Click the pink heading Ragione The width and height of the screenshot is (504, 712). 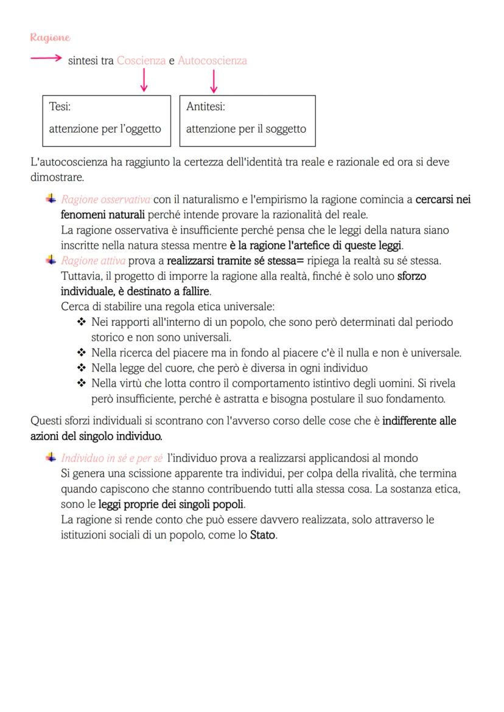point(51,38)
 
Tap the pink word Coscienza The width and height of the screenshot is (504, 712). point(141,61)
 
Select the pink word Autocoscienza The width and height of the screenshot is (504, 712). point(212,61)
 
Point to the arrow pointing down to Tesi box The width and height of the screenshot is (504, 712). point(144,81)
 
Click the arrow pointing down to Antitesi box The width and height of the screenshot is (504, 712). point(213,81)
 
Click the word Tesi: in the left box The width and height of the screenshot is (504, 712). point(60,107)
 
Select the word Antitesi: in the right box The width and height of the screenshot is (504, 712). point(205,107)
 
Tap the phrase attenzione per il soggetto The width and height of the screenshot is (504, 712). point(246,129)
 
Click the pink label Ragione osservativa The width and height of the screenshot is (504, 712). point(105,199)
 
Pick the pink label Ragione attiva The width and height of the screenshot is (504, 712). point(93,261)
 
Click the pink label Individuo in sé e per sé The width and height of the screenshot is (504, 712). point(111,458)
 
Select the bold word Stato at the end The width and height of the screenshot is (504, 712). point(263,536)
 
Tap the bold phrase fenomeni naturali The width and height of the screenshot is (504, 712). point(103,215)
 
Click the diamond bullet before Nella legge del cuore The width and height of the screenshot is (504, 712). point(82,368)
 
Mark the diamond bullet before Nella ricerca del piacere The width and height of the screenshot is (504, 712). point(82,353)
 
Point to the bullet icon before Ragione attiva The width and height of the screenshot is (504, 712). point(51,260)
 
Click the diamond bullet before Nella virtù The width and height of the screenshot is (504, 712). point(82,384)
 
